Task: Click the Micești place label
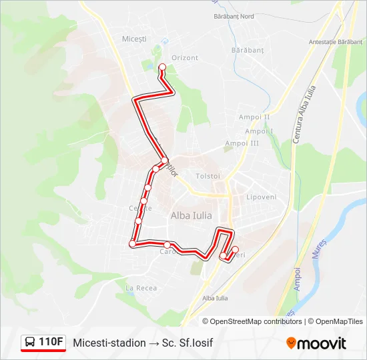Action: coord(134,39)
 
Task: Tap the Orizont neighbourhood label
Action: coord(185,58)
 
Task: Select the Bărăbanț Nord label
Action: coord(234,15)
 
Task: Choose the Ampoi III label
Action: coord(242,143)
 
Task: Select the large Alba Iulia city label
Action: coord(192,215)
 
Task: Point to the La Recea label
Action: coord(141,287)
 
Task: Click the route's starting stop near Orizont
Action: coord(161,67)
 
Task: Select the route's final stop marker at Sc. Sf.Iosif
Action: coord(234,249)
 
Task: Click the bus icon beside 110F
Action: coord(30,343)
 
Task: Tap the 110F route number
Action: coord(51,343)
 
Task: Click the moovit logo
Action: coord(316,343)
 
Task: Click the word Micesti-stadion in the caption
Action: coord(109,343)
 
